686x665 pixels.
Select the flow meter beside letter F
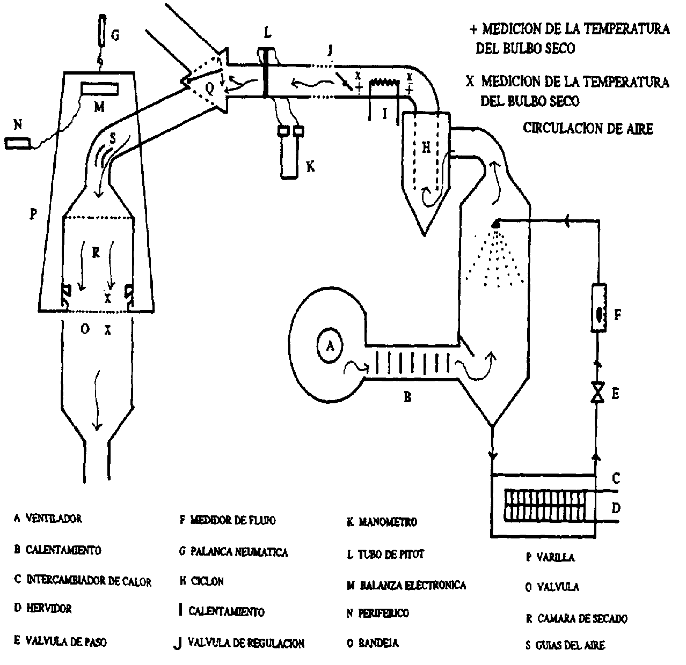coord(598,308)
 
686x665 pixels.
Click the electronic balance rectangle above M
coord(99,87)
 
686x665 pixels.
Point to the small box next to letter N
coord(18,143)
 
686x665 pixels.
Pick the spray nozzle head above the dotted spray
coord(497,221)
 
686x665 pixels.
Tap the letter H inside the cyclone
coord(426,149)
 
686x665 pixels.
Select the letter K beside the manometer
coord(310,167)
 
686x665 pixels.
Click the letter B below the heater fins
coord(407,397)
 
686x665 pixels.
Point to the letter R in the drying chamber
coord(96,253)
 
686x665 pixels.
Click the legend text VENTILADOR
coord(53,519)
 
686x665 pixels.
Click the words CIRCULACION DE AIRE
coord(588,129)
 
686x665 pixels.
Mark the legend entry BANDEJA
coord(379,642)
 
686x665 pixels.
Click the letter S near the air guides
coord(113,138)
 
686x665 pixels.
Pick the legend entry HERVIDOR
coord(48,608)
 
